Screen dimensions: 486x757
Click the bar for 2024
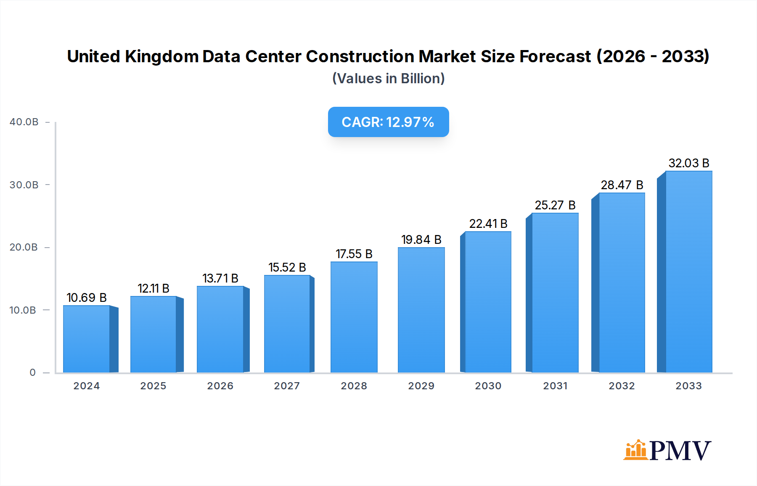[87, 339]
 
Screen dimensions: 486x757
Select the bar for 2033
[688, 272]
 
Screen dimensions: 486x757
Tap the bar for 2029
[421, 310]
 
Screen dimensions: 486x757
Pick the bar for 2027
[287, 324]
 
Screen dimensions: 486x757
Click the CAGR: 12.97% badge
[388, 122]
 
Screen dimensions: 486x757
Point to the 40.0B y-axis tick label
[24, 122]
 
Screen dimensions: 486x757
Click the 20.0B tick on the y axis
[24, 247]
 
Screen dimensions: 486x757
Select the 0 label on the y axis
[32, 372]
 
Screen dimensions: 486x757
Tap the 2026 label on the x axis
[220, 386]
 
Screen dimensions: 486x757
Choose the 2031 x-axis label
[555, 386]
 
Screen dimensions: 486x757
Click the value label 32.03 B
[688, 163]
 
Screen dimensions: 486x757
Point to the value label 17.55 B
[354, 254]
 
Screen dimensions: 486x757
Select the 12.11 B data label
[153, 288]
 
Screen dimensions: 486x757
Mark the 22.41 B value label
[488, 224]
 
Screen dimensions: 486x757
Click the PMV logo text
[680, 451]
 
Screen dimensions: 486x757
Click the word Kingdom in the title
[161, 56]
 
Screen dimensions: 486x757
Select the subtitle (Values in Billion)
[388, 79]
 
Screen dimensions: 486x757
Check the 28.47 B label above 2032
[622, 185]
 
